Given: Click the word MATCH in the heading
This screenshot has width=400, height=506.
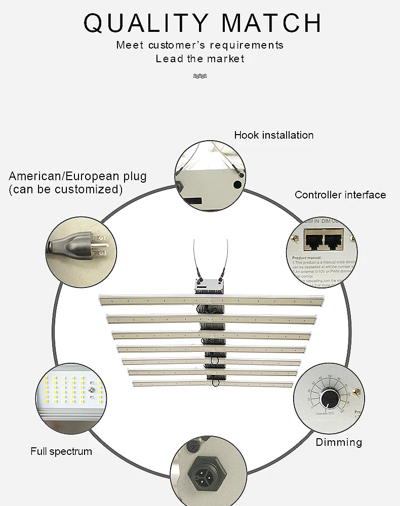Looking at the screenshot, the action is pos(272,23).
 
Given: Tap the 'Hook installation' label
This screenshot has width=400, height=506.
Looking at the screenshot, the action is pos(273,135).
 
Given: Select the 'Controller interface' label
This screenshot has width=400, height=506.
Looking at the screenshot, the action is pos(340,195).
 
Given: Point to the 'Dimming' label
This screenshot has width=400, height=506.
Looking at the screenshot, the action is pos(339,442).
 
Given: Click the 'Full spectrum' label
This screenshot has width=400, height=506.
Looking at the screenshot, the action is pos(61,451).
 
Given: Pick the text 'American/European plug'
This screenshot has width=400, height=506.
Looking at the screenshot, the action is pos(77,177).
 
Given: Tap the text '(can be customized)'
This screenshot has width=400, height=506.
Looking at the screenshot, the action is pos(66,189).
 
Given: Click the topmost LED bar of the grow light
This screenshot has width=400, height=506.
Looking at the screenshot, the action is pos(211,301).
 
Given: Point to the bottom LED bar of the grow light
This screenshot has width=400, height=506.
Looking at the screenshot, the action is pos(213,384).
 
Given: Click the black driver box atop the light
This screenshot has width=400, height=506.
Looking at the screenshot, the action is pos(209,286).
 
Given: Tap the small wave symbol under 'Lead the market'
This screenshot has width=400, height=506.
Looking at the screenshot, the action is pos(200,76).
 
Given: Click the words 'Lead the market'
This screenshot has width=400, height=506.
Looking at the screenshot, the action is pos(200,59).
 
